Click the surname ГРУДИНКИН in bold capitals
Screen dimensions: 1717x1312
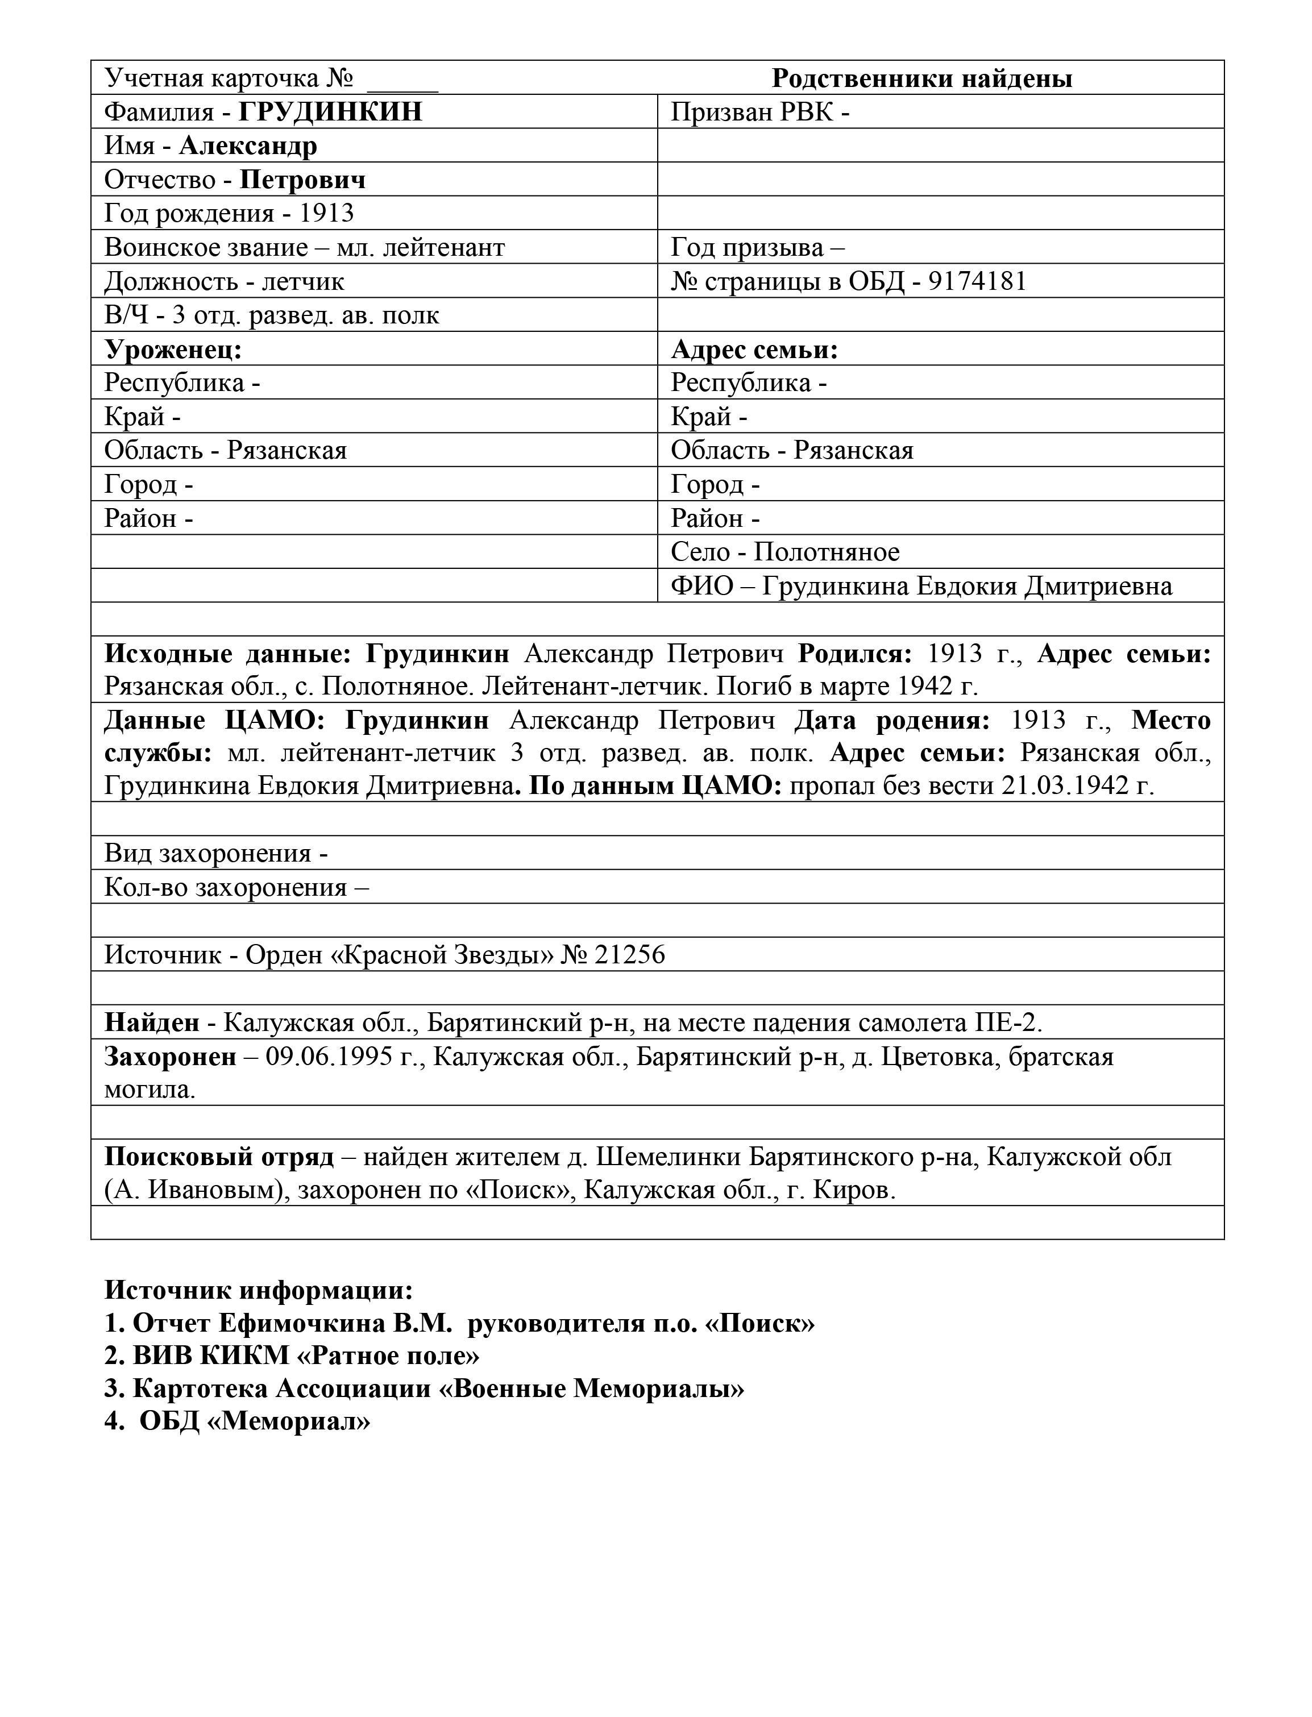tap(330, 111)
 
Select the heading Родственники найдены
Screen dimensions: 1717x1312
tap(921, 78)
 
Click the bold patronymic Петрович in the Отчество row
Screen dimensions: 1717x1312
tap(302, 180)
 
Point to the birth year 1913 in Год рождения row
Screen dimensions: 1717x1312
tap(326, 213)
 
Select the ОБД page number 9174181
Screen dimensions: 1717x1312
tap(977, 281)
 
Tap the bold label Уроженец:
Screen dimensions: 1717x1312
tap(173, 349)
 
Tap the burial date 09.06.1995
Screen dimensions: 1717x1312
tap(329, 1057)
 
